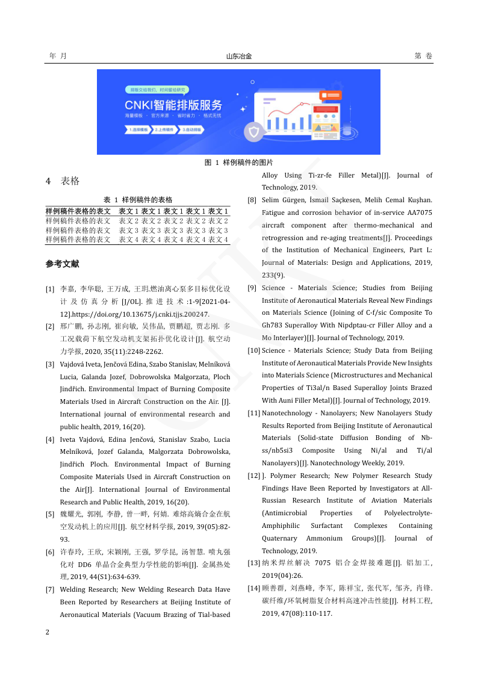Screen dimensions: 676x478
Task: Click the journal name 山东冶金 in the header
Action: [x=239, y=56]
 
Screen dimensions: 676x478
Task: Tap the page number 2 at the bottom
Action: [x=48, y=632]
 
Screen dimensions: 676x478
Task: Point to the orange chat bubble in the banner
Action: [x=332, y=95]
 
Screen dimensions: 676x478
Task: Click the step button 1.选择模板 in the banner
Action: [x=138, y=129]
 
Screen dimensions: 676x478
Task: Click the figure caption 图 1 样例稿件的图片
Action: [x=239, y=163]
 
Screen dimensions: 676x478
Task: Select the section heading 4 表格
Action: [x=63, y=181]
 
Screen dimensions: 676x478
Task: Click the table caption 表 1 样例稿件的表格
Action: [x=138, y=200]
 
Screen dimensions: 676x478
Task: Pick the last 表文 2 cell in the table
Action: [x=218, y=221]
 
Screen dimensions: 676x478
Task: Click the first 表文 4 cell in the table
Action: [x=129, y=240]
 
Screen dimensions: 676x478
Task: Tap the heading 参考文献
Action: [x=62, y=264]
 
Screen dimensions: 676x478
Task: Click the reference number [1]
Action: [x=51, y=289]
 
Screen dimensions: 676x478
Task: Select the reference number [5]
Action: [x=51, y=514]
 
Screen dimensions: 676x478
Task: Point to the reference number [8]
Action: [x=253, y=200]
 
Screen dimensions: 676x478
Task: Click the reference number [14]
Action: [x=254, y=588]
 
